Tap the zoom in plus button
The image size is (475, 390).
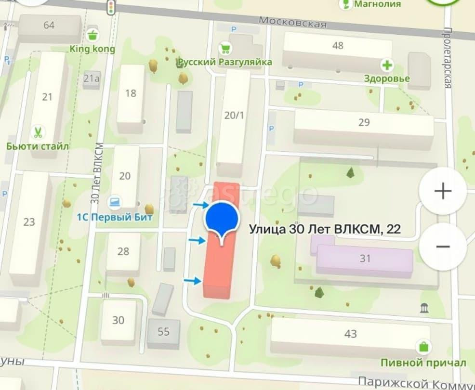point(442,191)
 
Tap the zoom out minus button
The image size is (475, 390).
point(442,247)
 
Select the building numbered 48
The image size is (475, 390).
point(338,46)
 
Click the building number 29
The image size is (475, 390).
point(364,122)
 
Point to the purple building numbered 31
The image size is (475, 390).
point(365,259)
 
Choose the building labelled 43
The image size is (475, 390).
point(350,334)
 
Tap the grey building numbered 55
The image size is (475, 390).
point(163,331)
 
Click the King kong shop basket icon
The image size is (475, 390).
point(92,35)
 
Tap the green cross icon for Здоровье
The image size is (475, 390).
point(387,65)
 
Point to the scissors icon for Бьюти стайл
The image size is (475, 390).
point(37,131)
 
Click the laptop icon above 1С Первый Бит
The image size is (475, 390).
point(114,203)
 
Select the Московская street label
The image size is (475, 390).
point(292,23)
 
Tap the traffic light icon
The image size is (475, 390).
point(112,6)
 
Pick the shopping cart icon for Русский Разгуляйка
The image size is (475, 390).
point(224,48)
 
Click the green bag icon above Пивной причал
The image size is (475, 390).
point(423,346)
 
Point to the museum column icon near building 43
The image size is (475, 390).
point(424,307)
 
